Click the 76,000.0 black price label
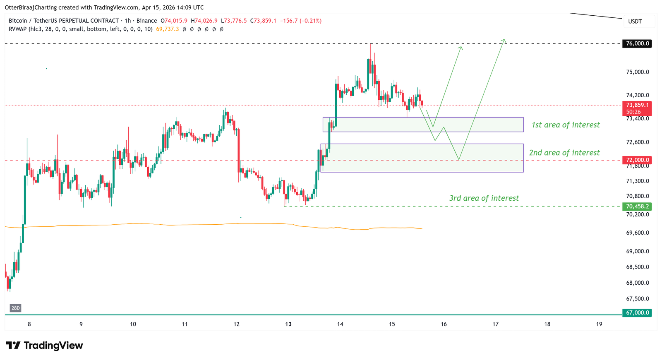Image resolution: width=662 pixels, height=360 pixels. coord(637,43)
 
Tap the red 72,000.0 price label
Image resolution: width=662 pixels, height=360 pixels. coord(637,160)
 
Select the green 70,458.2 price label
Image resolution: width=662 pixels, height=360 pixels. coord(637,206)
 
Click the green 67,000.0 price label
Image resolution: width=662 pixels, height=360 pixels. coord(637,313)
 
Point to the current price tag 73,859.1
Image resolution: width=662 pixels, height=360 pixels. coord(637,106)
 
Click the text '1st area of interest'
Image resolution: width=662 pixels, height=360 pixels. coord(566,125)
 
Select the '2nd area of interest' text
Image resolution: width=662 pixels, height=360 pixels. coord(564,153)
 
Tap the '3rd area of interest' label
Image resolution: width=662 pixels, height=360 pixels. coord(484,198)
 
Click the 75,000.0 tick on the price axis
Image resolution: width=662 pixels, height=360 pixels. coord(638,72)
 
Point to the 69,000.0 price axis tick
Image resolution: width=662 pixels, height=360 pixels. coord(638,251)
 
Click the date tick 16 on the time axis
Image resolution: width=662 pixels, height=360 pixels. coord(444,324)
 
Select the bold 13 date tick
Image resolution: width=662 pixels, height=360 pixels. coord(288,324)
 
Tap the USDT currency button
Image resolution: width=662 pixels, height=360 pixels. coord(635,22)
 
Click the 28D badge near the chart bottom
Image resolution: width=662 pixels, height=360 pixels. coord(15,308)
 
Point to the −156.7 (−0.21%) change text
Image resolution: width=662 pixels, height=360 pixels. coord(301,21)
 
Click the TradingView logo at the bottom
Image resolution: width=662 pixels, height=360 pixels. coord(44,346)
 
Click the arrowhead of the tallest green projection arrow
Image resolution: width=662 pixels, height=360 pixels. coord(504,40)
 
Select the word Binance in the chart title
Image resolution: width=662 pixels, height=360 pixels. coord(147,21)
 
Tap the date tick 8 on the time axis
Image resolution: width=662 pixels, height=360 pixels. coord(29,324)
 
